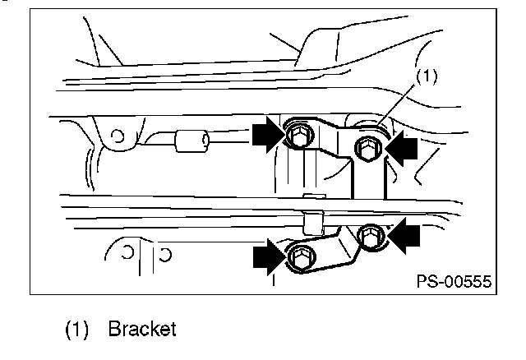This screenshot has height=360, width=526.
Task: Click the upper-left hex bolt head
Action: coord(299,136)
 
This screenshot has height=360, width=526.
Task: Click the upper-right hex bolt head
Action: coord(369,148)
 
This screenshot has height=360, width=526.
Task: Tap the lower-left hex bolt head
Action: coord(302,256)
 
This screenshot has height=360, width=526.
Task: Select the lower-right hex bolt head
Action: coord(370,237)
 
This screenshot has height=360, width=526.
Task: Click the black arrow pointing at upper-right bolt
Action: coord(401,148)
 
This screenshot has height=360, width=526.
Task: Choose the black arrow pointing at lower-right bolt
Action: coord(404,236)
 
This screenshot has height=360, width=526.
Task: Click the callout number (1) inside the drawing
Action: coord(427,76)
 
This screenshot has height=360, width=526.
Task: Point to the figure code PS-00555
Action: coord(454,281)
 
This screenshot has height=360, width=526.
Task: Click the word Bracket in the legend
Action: coord(142,329)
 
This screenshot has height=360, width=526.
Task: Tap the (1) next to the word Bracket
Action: coord(76,329)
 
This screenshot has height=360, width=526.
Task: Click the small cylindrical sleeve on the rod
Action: coord(191,141)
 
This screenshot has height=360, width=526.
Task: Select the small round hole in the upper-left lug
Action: coord(118,136)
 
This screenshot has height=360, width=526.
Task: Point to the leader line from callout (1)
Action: coord(396,105)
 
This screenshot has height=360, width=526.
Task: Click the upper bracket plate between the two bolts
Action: coord(335,137)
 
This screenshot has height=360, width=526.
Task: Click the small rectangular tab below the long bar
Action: coord(312,223)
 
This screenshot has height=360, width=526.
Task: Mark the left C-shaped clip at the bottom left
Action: coord(128,252)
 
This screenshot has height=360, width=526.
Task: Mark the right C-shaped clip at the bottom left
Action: coord(166,255)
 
